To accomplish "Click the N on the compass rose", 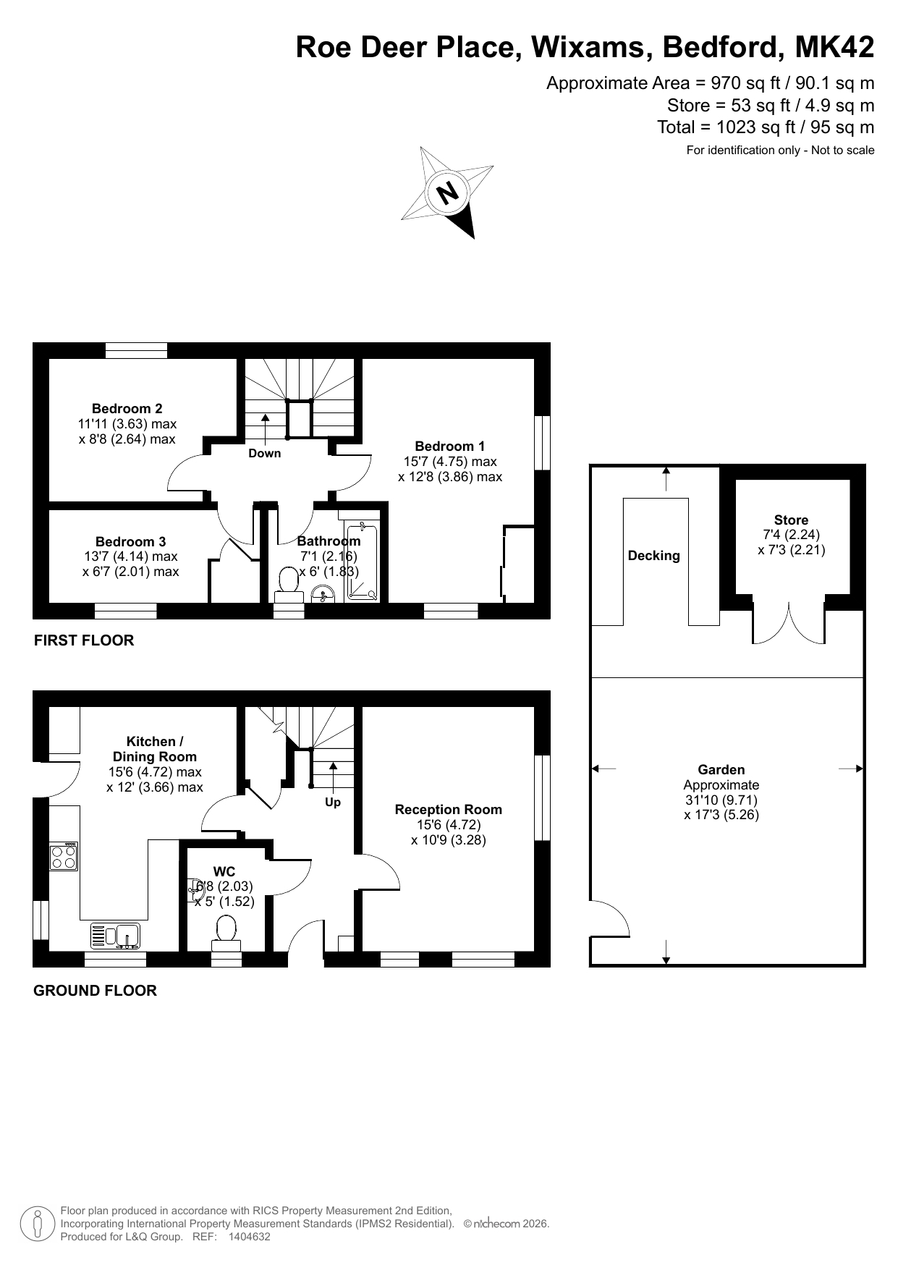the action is coord(448,193).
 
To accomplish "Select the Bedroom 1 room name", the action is coord(449,446).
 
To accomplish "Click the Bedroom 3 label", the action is coord(130,541).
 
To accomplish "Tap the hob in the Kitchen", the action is coord(64,857).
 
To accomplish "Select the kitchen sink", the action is coord(118,936).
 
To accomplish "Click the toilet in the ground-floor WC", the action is coord(226,934).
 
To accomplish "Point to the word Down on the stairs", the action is coord(264,453).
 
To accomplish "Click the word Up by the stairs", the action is coord(333,803).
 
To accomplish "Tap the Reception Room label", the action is coord(448,809).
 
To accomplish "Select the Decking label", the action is coord(654,556).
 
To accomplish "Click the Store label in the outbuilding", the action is coord(791,520).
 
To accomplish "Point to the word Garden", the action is coord(721,769).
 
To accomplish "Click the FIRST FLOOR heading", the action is coord(84,640).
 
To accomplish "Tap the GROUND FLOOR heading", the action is coord(95,991).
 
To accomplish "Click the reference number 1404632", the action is coord(249,1237).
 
